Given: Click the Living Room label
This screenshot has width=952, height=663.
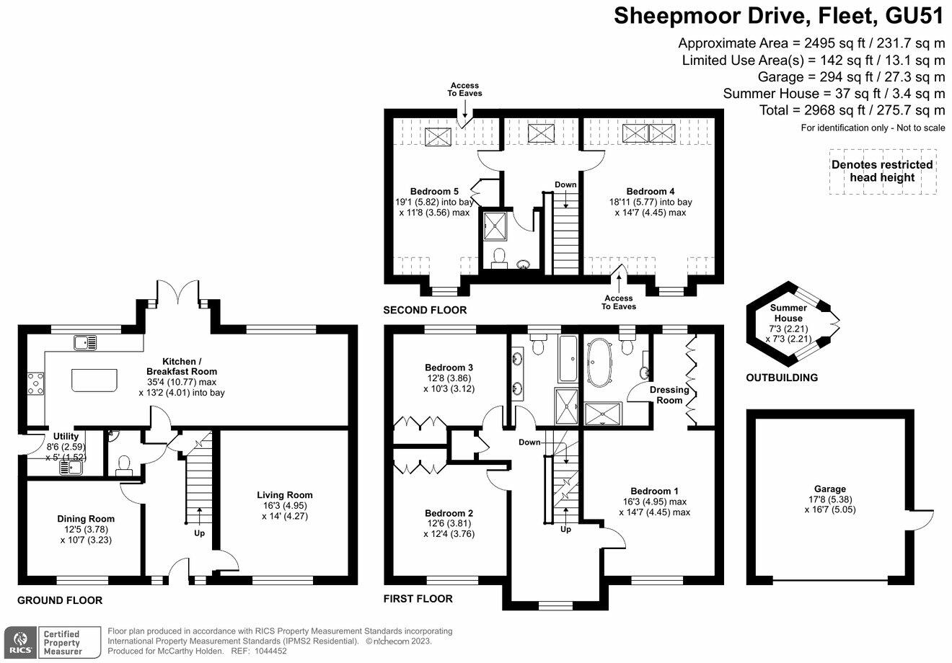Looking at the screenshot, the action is coord(284,495).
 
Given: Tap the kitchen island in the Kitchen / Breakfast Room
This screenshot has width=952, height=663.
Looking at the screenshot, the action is coord(94,380).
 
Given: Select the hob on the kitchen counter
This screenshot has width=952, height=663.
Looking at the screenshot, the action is coord(36,384).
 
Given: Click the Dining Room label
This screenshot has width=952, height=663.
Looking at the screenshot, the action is coord(86,519).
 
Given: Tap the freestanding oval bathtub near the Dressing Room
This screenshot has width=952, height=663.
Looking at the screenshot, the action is coord(599,362).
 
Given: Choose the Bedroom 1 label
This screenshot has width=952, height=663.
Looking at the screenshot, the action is coord(655,491).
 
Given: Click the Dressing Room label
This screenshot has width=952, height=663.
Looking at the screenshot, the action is coord(669,395).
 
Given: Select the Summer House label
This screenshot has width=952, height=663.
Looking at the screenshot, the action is coord(788,313).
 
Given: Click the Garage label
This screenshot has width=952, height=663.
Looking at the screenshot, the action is coord(830,489).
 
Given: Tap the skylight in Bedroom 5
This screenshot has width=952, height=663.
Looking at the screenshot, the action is coord(438,136).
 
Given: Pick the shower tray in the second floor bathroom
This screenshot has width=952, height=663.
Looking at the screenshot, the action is coord(495,225).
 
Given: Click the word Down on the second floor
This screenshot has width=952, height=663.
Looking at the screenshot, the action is coord(565,184).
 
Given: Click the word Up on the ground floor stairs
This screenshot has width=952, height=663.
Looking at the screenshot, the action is coord(199,533).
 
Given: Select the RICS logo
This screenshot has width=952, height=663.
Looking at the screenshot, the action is coord(20,643).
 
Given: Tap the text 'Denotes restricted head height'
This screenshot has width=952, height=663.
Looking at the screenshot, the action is coord(882,172).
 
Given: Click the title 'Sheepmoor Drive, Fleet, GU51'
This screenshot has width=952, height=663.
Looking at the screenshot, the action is coord(780,16).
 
